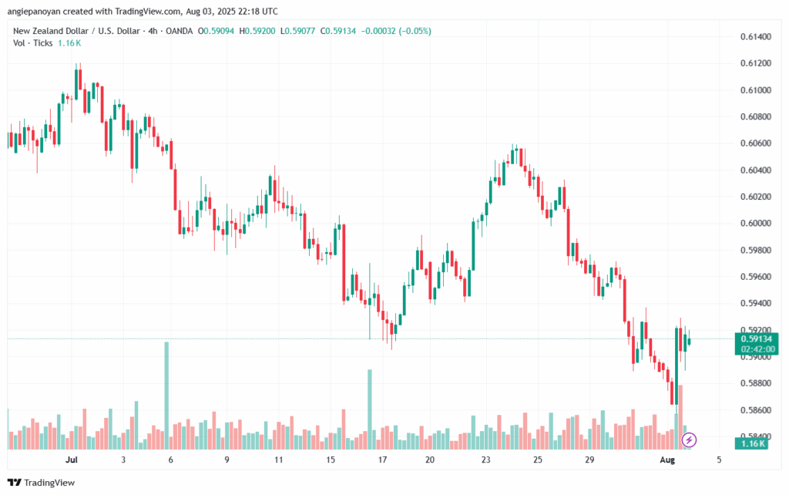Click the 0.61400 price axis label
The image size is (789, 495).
[x=755, y=37]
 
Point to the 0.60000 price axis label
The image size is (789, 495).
[x=755, y=224]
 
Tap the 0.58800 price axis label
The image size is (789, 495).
[x=755, y=384]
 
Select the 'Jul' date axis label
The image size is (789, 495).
[x=72, y=460]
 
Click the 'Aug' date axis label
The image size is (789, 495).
[x=667, y=460]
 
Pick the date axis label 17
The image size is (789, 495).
[x=382, y=460]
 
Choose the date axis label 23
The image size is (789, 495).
[x=485, y=460]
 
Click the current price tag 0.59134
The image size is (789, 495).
[x=757, y=339]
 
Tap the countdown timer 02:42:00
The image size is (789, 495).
[x=757, y=349]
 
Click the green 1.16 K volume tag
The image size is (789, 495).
[x=751, y=443]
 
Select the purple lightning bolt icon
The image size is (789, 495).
[x=689, y=440]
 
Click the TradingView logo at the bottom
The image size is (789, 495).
[x=42, y=483]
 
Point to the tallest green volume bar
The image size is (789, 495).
[x=167, y=396]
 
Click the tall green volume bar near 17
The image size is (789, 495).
[x=370, y=409]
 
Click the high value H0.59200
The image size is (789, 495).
[x=257, y=31]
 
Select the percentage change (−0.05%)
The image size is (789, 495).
[x=415, y=31]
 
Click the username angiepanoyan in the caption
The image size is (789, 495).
[x=35, y=12]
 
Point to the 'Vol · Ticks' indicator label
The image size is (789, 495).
[x=32, y=43]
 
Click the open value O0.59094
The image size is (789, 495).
[x=216, y=31]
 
